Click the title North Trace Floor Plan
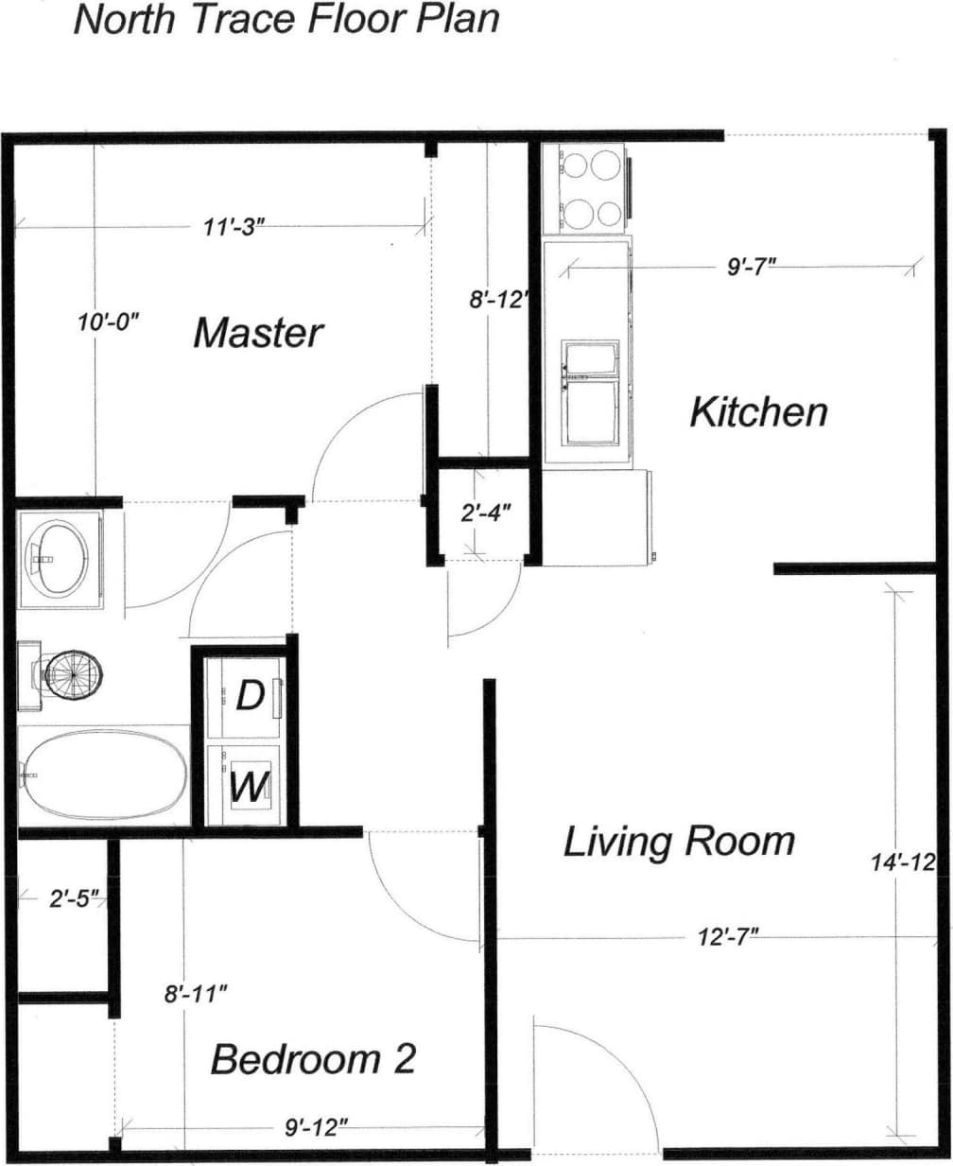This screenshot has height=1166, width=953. point(286,20)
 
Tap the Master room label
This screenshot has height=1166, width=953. point(258,333)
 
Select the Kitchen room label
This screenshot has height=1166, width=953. point(758,412)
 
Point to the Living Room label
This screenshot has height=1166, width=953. point(679,841)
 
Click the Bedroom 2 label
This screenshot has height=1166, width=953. point(313,1058)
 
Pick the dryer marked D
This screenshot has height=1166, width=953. point(246,697)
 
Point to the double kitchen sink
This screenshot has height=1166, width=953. point(592,392)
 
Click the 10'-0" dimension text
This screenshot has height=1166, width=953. point(108,322)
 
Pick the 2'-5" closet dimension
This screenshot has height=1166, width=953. point(75,897)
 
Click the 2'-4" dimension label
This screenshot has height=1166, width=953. point(486,513)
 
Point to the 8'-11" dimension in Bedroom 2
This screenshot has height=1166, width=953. point(196,994)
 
